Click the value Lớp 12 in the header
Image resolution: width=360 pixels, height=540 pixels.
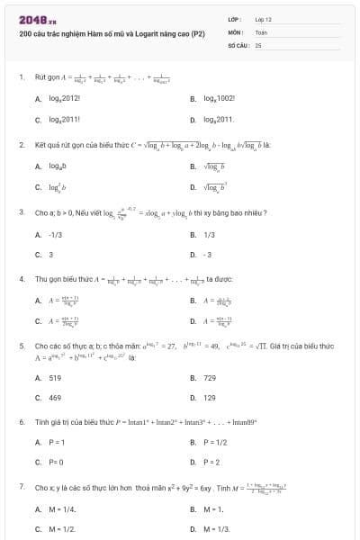click(x=263, y=19)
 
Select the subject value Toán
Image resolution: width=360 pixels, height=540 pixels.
click(x=261, y=31)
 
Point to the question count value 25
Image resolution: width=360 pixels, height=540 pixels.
click(x=258, y=43)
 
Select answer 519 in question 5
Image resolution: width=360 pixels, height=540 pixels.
click(x=55, y=377)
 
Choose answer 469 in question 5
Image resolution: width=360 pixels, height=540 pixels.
click(x=55, y=397)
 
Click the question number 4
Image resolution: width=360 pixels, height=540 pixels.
click(x=21, y=279)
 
